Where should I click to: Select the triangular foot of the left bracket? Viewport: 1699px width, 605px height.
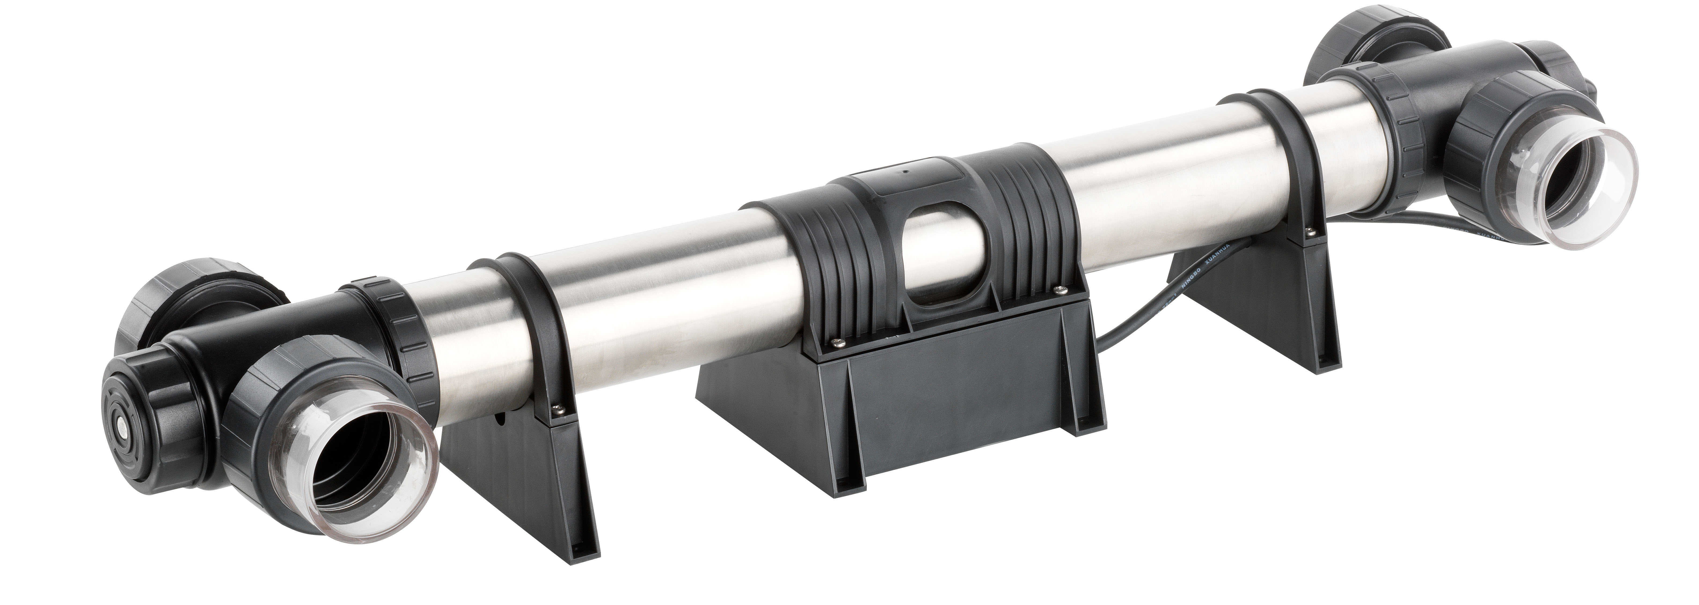click(x=528, y=488)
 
